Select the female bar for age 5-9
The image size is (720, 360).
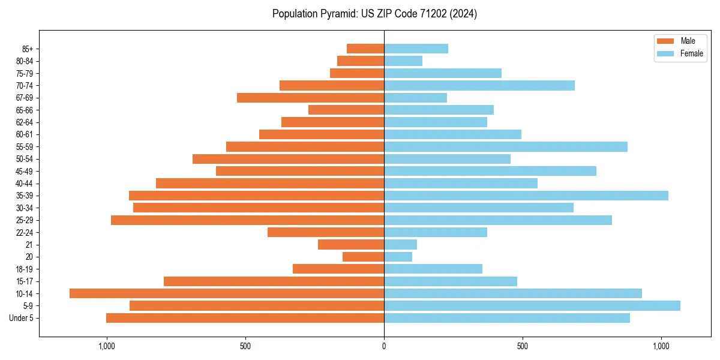click(532, 305)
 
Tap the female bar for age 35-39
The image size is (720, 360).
click(526, 196)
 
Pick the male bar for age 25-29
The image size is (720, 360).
click(247, 220)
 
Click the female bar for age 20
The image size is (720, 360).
click(398, 257)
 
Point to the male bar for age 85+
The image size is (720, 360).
click(365, 49)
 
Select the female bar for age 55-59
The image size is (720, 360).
click(505, 146)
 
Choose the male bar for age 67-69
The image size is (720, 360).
click(310, 98)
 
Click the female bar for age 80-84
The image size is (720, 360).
click(403, 61)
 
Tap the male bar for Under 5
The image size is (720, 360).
click(245, 318)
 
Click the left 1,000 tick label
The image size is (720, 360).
click(106, 346)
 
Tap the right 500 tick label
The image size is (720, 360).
click(522, 346)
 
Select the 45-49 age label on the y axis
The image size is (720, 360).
click(25, 171)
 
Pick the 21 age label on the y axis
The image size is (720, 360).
click(29, 245)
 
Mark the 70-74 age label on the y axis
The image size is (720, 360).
click(25, 86)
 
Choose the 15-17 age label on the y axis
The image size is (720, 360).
click(25, 281)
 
